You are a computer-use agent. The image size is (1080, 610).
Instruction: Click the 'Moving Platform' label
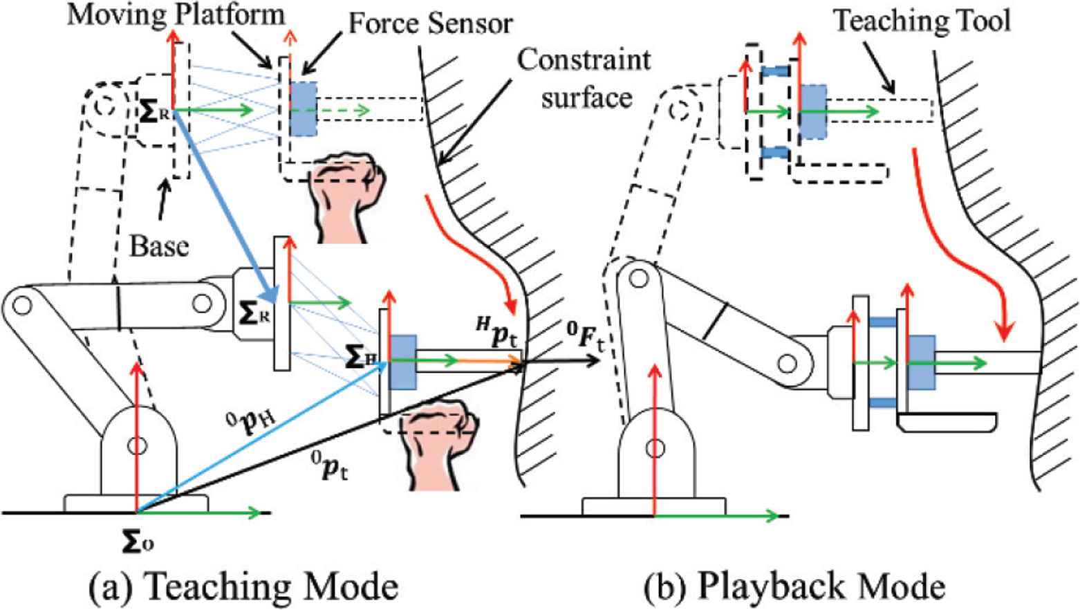(x=176, y=14)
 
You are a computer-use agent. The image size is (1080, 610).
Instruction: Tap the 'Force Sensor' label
(x=430, y=24)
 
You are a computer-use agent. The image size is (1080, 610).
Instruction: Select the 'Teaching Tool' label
(x=922, y=20)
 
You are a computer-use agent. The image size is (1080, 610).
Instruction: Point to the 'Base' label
(x=159, y=246)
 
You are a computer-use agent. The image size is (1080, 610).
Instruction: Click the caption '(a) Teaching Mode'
(x=244, y=586)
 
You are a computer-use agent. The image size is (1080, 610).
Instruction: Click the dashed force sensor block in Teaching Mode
(x=304, y=109)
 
